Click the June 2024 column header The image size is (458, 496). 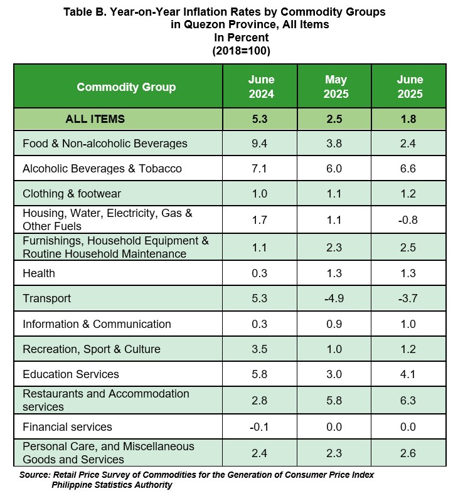pyautogui.click(x=261, y=87)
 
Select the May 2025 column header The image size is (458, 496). pyautogui.click(x=336, y=87)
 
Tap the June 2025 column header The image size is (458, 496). pyautogui.click(x=410, y=87)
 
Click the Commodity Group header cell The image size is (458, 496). pyautogui.click(x=126, y=87)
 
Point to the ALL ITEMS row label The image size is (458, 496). pyautogui.click(x=95, y=119)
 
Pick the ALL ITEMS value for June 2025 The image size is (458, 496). pyautogui.click(x=408, y=119)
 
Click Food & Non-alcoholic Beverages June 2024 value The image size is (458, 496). pyautogui.click(x=260, y=144)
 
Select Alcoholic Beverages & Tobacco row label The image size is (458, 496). pyautogui.click(x=102, y=169)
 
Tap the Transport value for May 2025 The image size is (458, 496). pyautogui.click(x=334, y=298)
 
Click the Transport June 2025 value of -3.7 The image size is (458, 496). pyautogui.click(x=408, y=298)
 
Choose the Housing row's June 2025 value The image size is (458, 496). pyautogui.click(x=408, y=220)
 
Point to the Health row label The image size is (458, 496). pyautogui.click(x=39, y=273)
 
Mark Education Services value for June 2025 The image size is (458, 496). pyautogui.click(x=408, y=374)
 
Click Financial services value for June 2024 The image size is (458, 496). pyautogui.click(x=259, y=427)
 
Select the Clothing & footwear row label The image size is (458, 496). pyautogui.click(x=72, y=194)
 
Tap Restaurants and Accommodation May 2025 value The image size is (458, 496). pyautogui.click(x=334, y=401)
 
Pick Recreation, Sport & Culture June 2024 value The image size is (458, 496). pyautogui.click(x=260, y=349)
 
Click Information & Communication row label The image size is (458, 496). pyautogui.click(x=97, y=324)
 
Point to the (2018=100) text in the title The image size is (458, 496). pyautogui.click(x=241, y=51)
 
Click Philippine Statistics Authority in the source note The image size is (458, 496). pyautogui.click(x=112, y=485)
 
